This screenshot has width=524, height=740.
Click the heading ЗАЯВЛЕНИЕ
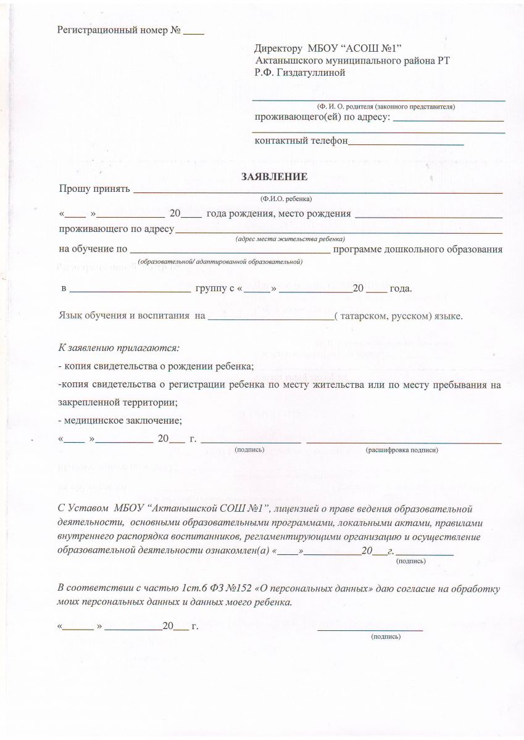[x=274, y=177]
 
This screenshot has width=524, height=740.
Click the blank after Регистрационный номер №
[x=194, y=31]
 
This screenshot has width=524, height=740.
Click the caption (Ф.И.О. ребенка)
[x=286, y=199]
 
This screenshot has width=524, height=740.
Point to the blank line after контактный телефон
[x=405, y=143]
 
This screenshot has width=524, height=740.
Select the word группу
[x=210, y=288]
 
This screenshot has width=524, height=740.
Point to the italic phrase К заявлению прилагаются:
[x=119, y=348]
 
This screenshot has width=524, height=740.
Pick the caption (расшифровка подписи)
[x=402, y=450]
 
